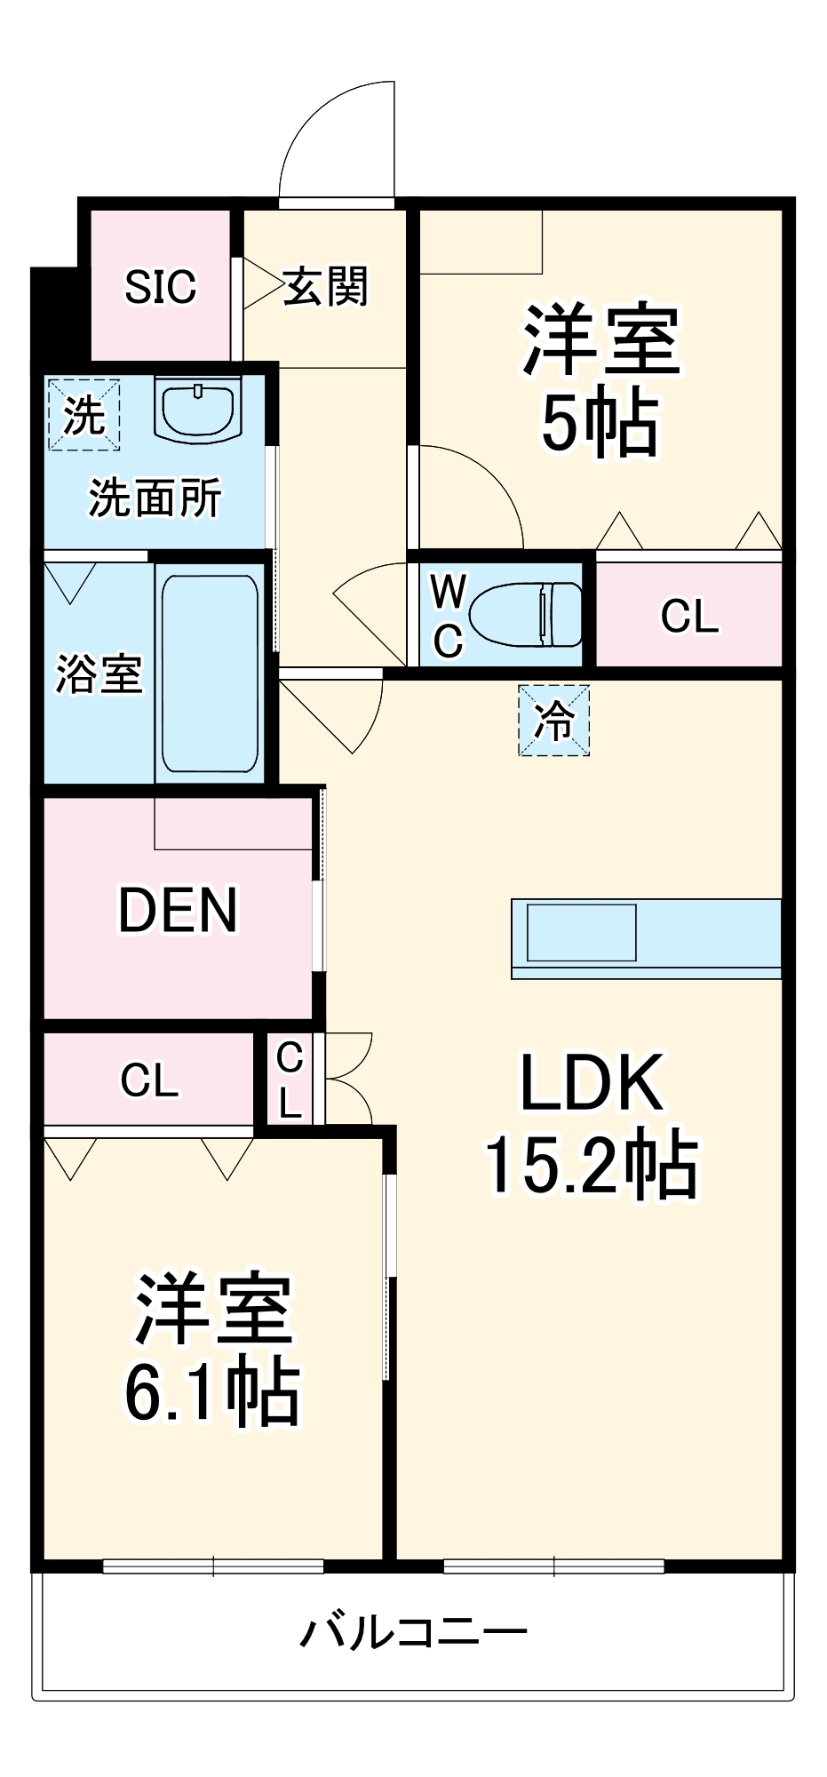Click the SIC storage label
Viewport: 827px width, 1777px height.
160,287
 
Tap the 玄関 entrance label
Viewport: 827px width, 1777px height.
325,287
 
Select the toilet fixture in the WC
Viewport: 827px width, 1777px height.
524,614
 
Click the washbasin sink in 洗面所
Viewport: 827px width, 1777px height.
197,408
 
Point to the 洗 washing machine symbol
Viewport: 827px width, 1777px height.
83,415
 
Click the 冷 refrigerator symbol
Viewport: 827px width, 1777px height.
553,720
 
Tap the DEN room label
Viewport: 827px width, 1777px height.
178,910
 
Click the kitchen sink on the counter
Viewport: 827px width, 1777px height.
582,932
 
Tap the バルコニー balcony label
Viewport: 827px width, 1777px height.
413,1631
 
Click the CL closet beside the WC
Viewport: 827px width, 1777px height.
689,616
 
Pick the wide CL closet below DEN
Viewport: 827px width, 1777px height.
149,1080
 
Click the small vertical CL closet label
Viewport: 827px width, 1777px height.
290,1080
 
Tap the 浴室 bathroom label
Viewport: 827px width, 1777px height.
98,673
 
